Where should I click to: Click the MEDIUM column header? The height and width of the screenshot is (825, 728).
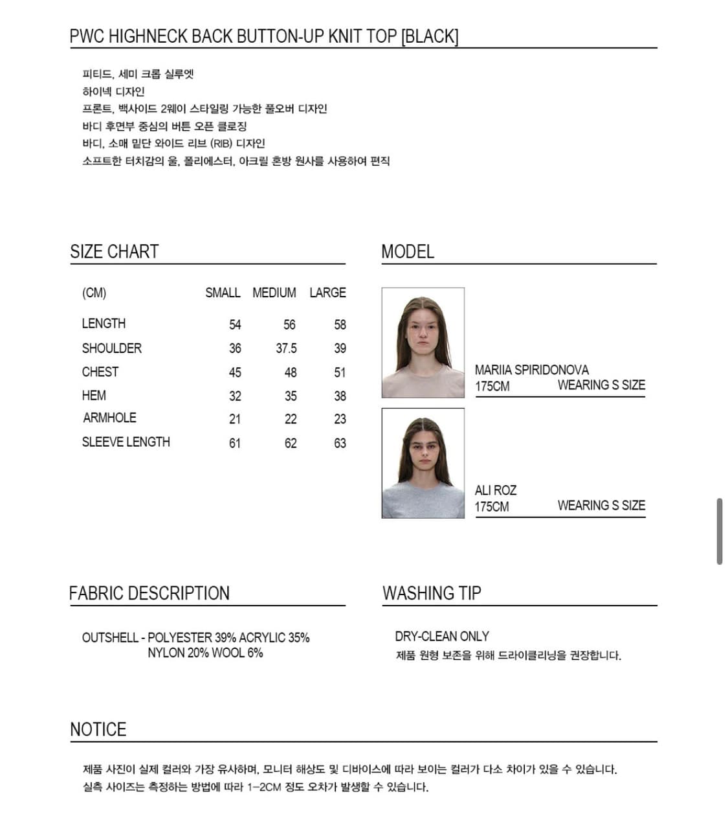[274, 293]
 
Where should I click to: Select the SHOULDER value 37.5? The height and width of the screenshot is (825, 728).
[286, 348]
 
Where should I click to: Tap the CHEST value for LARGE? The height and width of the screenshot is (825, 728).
[340, 372]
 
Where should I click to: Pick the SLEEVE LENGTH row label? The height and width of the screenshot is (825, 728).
[126, 442]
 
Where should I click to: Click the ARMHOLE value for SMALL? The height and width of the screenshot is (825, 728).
[235, 420]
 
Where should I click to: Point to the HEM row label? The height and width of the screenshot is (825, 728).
[94, 396]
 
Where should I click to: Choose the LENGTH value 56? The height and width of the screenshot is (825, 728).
[289, 324]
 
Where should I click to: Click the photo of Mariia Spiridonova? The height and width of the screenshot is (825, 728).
[423, 343]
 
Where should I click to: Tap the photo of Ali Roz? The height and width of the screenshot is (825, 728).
[423, 463]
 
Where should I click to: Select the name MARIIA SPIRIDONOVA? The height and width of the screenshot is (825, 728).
[531, 370]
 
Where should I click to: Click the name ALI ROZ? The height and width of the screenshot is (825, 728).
[496, 490]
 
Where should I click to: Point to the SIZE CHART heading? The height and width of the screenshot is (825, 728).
[115, 251]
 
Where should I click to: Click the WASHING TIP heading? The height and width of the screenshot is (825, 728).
[432, 593]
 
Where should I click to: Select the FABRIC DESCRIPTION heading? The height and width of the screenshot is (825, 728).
[149, 593]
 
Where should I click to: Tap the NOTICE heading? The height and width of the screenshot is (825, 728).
[98, 729]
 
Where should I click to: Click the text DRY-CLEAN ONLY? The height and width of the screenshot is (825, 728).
[442, 636]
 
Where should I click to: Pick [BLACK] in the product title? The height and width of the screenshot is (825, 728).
[430, 36]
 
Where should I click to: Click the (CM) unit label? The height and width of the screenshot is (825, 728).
[94, 293]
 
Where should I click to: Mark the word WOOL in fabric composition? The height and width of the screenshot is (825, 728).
[228, 653]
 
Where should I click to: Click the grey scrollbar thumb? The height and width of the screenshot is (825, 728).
[720, 531]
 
